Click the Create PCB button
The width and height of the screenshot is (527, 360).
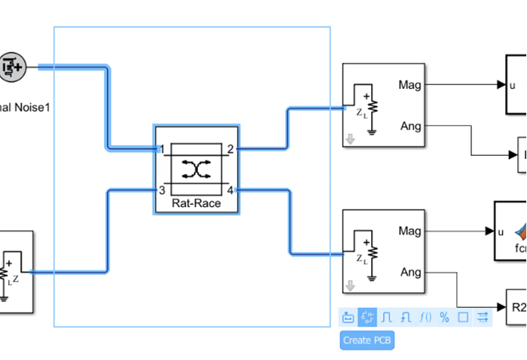pos(367,340)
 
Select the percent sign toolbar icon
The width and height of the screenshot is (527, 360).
pos(444,317)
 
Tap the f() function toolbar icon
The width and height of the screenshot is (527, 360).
pos(425,317)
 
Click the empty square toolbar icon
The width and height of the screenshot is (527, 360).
pos(463,317)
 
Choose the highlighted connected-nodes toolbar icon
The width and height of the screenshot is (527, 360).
pos(367,317)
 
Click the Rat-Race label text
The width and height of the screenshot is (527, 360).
pos(196,203)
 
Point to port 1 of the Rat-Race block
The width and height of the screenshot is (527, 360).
pos(162,149)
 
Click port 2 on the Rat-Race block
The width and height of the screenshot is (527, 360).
pos(230,149)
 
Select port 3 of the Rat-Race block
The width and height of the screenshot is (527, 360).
pos(162,190)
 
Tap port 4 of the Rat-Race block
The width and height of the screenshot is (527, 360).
pos(230,190)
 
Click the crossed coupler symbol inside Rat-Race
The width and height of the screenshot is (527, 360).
pos(196,169)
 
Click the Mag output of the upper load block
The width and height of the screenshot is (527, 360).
pos(410,85)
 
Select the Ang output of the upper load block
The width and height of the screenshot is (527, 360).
pos(410,126)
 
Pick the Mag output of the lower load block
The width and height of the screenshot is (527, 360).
pos(410,231)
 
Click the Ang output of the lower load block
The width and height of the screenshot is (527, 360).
pos(410,272)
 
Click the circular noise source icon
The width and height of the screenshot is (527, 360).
pos(11,68)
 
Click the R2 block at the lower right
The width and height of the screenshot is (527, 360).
pos(516,307)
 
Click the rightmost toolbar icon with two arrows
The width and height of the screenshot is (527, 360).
pos(483,317)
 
